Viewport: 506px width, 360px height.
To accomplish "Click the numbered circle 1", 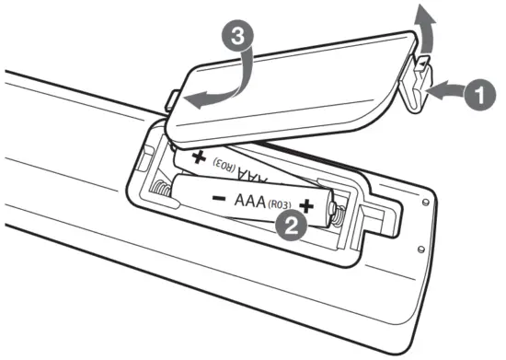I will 478,92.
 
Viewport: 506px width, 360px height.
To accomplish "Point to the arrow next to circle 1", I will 446,89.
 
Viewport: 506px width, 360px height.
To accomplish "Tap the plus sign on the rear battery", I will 198,157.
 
